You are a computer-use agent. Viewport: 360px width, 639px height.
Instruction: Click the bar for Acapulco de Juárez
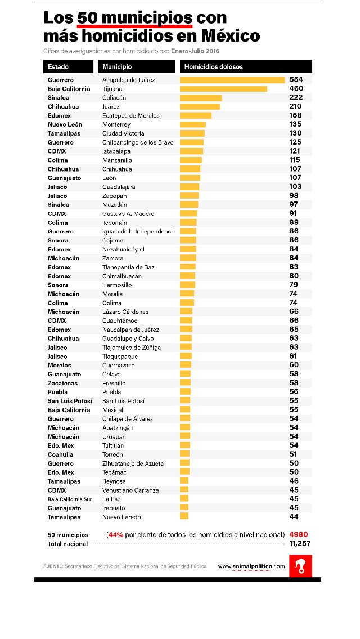click(232, 80)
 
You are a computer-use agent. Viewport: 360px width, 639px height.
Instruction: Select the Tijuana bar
click(223, 89)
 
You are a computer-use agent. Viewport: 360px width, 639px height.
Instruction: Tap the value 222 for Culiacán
click(296, 97)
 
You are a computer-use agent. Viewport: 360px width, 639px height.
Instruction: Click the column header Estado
click(58, 66)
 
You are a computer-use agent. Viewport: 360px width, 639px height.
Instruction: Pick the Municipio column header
click(117, 66)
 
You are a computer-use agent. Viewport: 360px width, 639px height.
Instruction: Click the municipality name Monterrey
click(116, 124)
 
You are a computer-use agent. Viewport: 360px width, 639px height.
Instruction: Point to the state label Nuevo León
click(65, 124)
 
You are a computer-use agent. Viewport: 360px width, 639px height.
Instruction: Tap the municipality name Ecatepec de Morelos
click(131, 115)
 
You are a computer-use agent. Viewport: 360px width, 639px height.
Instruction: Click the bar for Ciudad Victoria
click(192, 133)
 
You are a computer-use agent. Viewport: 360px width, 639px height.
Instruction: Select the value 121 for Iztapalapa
click(295, 151)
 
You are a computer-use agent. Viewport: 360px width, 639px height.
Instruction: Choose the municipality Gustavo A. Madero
click(128, 214)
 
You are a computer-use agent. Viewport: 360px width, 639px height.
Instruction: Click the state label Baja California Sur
click(70, 499)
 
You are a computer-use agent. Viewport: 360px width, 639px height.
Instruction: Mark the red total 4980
click(298, 534)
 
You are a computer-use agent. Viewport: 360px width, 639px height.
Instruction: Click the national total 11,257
click(300, 544)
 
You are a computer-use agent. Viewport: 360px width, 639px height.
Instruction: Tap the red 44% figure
click(116, 534)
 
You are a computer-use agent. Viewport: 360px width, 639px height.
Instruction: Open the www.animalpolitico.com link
click(251, 566)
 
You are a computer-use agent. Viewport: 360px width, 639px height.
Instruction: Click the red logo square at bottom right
click(300, 566)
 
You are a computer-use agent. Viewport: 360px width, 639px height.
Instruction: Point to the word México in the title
click(229, 37)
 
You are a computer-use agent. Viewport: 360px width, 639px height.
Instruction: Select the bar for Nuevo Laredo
click(184, 517)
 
